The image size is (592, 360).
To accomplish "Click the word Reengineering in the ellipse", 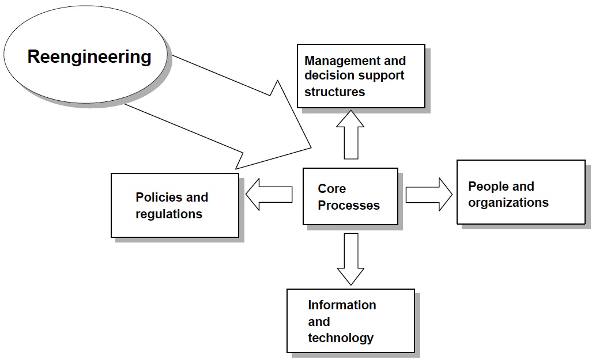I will coord(89,57).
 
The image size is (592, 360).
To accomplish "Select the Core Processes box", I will coord(350,196).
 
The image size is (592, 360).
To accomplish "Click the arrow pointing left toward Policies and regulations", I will coord(269,194).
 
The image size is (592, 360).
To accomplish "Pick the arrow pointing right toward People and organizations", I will coord(429,194).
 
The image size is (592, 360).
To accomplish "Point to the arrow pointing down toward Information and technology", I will coord(350,258).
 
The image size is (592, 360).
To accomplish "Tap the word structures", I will coord(334,92).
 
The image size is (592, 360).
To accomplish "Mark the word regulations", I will coord(169,214).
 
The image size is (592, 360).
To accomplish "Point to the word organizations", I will coord(508,203).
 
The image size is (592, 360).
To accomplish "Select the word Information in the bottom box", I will coord(342,305).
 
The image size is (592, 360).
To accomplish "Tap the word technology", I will coord(341,338).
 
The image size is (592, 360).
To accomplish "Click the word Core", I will coord(331,189).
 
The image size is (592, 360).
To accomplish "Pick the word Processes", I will coord(349,205).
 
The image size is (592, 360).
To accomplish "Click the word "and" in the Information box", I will coord(319,321).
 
